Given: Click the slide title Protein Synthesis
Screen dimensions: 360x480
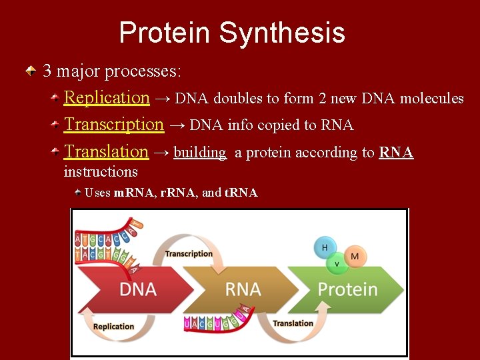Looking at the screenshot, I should click(231, 33).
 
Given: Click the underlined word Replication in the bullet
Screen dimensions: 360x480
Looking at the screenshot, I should click(106, 97).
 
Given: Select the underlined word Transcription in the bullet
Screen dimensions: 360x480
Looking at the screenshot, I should click(113, 125).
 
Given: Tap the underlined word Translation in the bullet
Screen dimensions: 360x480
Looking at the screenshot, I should click(105, 152).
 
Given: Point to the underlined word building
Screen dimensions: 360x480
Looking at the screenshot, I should click(199, 153).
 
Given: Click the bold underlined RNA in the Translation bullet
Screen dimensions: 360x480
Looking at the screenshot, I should click(396, 153).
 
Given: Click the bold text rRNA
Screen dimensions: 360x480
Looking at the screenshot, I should click(178, 193).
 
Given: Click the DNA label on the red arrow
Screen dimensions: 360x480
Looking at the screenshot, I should click(138, 289).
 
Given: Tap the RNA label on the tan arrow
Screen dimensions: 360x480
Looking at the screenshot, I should click(243, 289).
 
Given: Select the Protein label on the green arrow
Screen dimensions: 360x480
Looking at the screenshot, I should click(347, 289).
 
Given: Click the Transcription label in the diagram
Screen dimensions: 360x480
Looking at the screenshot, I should click(189, 253).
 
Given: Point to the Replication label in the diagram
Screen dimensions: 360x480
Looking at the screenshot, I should click(113, 327).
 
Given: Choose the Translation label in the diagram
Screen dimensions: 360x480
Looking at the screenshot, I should click(293, 323).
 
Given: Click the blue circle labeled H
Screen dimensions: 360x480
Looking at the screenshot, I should click(325, 247).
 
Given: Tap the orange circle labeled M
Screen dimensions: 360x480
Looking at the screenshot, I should click(355, 256).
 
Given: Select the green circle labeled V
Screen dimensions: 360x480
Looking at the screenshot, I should click(337, 264).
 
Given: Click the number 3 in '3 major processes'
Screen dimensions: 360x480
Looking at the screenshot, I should click(47, 70).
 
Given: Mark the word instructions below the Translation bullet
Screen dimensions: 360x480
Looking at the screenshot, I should click(101, 172).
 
